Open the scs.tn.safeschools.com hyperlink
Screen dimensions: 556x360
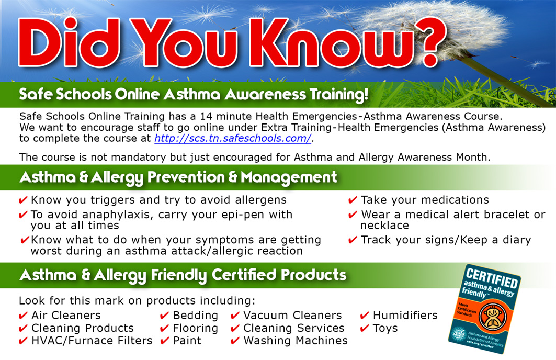[x=233, y=138]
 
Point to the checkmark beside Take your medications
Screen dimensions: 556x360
[x=353, y=200]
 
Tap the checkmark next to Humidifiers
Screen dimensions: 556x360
[x=365, y=316]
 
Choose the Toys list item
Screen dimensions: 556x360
[x=385, y=329]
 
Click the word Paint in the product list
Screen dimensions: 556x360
[x=187, y=341]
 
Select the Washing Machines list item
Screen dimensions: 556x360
[x=296, y=341]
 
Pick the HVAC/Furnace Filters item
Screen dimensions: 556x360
[x=92, y=341]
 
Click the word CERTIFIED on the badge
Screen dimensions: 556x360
[x=492, y=278]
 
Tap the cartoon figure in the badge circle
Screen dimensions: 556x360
[x=492, y=316]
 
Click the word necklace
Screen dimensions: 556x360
[x=385, y=226]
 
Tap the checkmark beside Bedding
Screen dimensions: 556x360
[x=164, y=316]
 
